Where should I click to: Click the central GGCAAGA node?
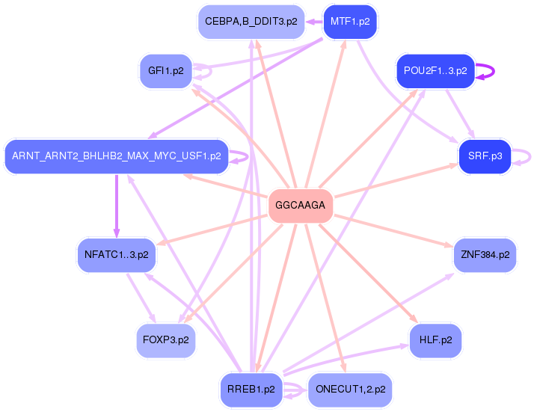pyautogui.click(x=301, y=206)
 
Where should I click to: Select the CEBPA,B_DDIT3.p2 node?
pyautogui.click(x=251, y=22)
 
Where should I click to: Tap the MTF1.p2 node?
pyautogui.click(x=350, y=22)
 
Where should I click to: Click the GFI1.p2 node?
pyautogui.click(x=166, y=71)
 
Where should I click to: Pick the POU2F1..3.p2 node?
pyautogui.click(x=435, y=71)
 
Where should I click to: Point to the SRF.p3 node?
pyautogui.click(x=485, y=156)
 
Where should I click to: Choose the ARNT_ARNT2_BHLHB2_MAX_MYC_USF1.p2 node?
pyautogui.click(x=117, y=156)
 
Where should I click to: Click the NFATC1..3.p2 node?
pyautogui.click(x=117, y=255)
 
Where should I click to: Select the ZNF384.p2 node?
pyautogui.click(x=485, y=255)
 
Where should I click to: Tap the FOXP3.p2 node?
pyautogui.click(x=166, y=340)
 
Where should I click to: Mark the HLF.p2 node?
pyautogui.click(x=435, y=340)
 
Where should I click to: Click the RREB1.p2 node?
pyautogui.click(x=251, y=390)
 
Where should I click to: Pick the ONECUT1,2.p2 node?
pyautogui.click(x=350, y=390)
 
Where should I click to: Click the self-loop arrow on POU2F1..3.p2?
pyautogui.click(x=494, y=72)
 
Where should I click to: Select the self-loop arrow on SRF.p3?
pyautogui.click(x=530, y=157)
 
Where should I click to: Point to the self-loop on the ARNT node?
pyautogui.click(x=248, y=157)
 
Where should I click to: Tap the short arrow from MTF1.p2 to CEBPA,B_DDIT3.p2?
pyautogui.click(x=314, y=22)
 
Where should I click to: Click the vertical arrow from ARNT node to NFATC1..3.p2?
pyautogui.click(x=117, y=206)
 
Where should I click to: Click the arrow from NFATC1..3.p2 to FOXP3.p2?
pyautogui.click(x=141, y=298)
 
